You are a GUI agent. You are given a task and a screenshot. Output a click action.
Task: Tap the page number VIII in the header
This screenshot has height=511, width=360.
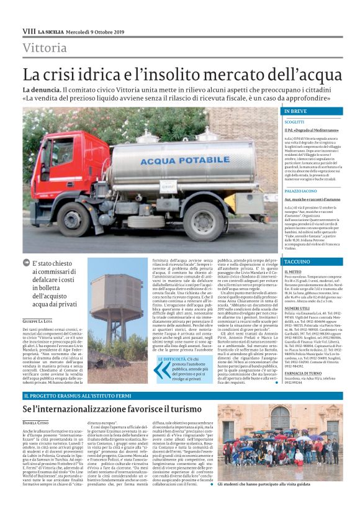29,31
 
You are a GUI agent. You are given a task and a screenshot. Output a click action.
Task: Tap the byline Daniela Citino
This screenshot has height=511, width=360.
38,422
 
